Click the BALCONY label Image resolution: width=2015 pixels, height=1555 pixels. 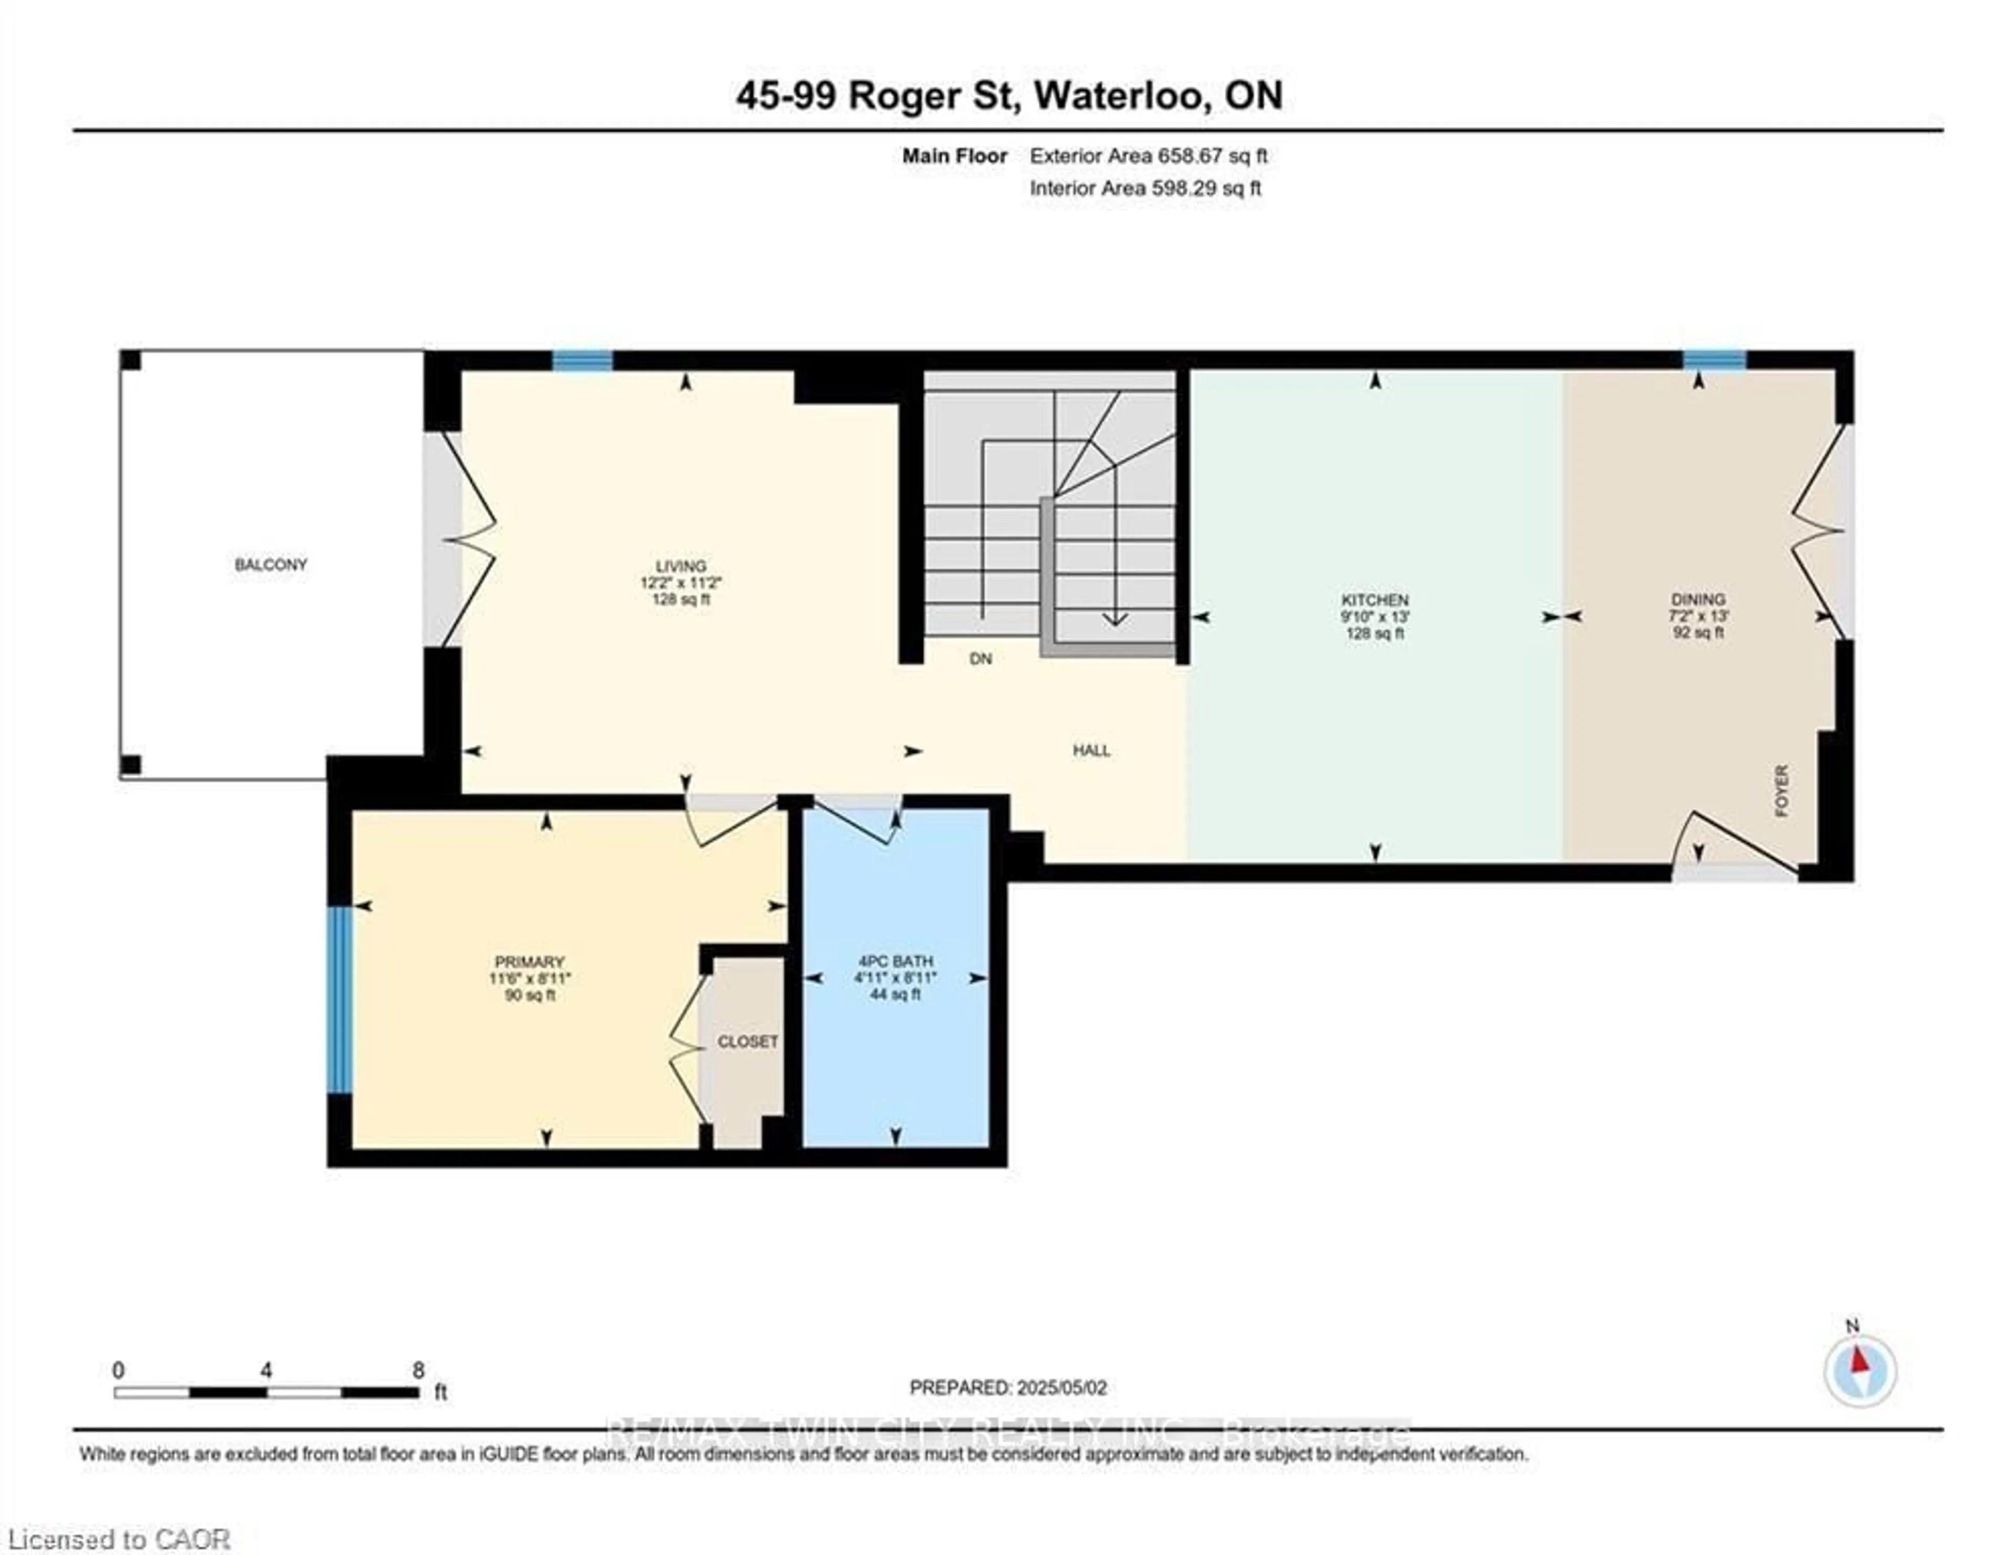(x=270, y=565)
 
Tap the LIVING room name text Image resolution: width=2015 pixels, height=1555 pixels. (x=681, y=566)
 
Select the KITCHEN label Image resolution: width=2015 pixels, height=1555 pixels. (x=1375, y=600)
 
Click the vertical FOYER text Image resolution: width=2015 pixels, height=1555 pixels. (x=1781, y=791)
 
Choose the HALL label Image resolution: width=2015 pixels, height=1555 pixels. (x=1091, y=751)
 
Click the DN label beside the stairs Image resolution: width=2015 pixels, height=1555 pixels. (x=981, y=658)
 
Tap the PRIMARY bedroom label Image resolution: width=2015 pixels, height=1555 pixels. (x=528, y=962)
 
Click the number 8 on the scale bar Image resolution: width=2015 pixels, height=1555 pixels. (x=418, y=1370)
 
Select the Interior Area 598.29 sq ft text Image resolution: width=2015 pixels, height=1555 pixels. (x=1145, y=188)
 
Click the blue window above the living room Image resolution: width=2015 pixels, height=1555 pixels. (x=582, y=360)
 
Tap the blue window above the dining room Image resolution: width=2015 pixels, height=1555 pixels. (x=1713, y=360)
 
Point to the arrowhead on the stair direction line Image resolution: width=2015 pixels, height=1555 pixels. (x=1116, y=620)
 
